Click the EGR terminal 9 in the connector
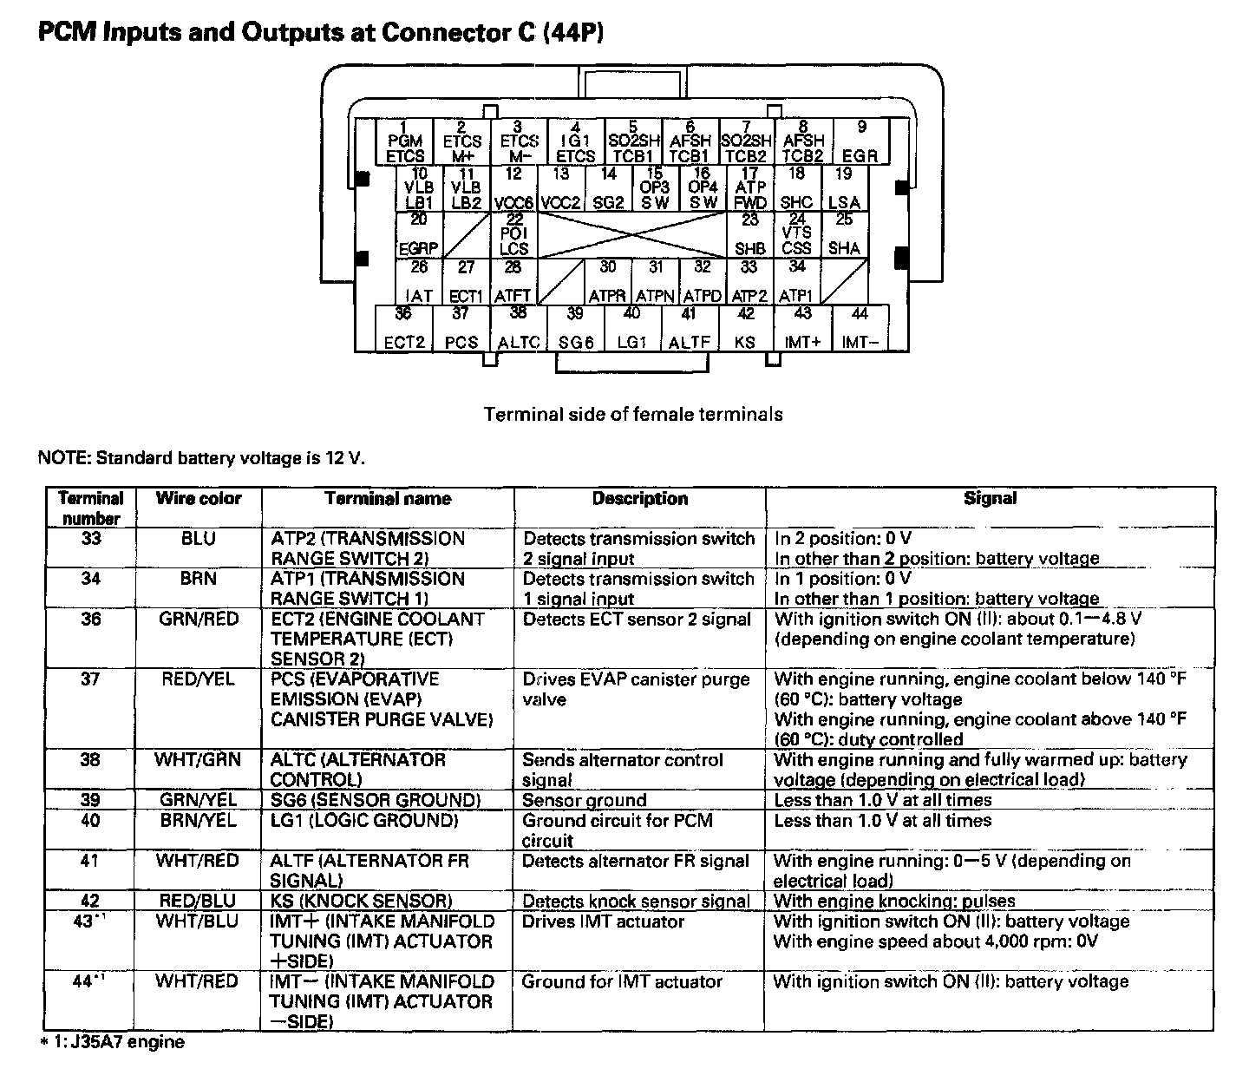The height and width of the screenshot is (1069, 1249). (x=860, y=142)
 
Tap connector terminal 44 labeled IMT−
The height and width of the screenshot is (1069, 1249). (x=860, y=328)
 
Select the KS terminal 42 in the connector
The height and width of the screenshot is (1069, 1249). (x=745, y=328)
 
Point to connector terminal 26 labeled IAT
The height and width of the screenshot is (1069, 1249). (x=419, y=281)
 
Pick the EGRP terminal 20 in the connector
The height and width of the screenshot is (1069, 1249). (x=418, y=234)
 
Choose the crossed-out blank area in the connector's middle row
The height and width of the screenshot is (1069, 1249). (x=631, y=234)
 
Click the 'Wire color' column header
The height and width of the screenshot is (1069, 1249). (x=198, y=499)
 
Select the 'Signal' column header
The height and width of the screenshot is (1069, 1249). (x=990, y=499)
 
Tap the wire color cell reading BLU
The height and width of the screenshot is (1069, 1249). (x=198, y=539)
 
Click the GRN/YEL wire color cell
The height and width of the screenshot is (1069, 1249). (x=198, y=800)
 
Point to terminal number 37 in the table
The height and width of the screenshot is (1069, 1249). (x=91, y=679)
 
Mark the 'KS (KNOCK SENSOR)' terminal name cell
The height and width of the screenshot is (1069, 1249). (x=362, y=901)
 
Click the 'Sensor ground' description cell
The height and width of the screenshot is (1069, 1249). (x=585, y=800)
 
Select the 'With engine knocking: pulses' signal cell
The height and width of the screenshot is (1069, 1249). (x=894, y=901)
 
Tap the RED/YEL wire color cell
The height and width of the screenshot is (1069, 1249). (x=198, y=679)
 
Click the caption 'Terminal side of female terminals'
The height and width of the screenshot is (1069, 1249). (x=633, y=415)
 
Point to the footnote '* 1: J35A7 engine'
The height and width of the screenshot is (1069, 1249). (x=113, y=1042)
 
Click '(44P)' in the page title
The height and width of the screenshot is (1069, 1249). (x=572, y=33)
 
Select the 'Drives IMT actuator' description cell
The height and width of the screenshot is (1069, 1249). (x=604, y=921)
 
